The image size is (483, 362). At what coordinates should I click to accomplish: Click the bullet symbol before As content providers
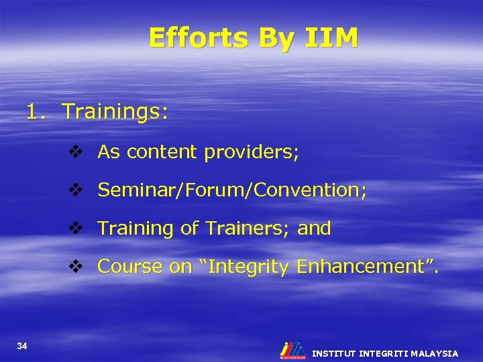pyautogui.click(x=75, y=152)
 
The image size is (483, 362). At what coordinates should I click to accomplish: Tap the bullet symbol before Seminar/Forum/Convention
pyautogui.click(x=75, y=190)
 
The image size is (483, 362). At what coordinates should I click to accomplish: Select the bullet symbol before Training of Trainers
pyautogui.click(x=75, y=229)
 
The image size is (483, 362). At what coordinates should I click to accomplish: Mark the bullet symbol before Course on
pyautogui.click(x=75, y=267)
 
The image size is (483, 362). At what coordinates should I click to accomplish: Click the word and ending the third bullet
pyautogui.click(x=314, y=229)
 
